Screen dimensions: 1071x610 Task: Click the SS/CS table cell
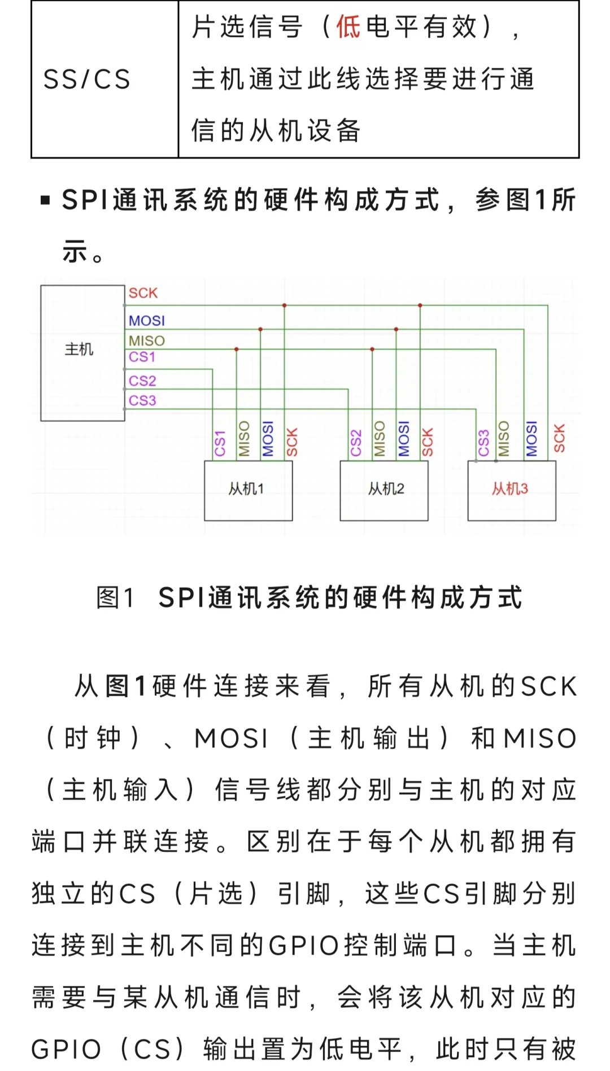pyautogui.click(x=87, y=79)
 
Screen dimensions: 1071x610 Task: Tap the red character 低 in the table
pyautogui.click(x=348, y=27)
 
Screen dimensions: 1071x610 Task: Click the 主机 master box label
pyautogui.click(x=79, y=349)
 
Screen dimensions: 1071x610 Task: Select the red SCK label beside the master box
pyautogui.click(x=143, y=293)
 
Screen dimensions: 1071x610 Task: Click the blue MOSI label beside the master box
pyautogui.click(x=147, y=321)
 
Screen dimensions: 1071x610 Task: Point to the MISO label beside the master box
pyautogui.click(x=147, y=340)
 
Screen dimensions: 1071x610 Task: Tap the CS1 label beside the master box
pyautogui.click(x=142, y=357)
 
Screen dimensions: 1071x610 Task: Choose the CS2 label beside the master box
pyautogui.click(x=142, y=381)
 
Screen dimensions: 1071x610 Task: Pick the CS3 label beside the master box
pyautogui.click(x=142, y=400)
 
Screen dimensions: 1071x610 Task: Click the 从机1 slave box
pyautogui.click(x=247, y=489)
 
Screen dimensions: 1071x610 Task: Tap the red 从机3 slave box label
pyautogui.click(x=509, y=489)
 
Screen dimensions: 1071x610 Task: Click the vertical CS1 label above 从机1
pyautogui.click(x=220, y=443)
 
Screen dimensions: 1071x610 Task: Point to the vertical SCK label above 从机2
pyautogui.click(x=428, y=441)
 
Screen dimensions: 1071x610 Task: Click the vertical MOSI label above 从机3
pyautogui.click(x=531, y=439)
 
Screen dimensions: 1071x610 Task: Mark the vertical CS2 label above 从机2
pyautogui.click(x=356, y=443)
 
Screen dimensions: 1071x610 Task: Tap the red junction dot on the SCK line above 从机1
pyautogui.click(x=285, y=305)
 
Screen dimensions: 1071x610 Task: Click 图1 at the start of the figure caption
pyautogui.click(x=115, y=597)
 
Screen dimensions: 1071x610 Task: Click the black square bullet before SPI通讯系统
pyautogui.click(x=46, y=200)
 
